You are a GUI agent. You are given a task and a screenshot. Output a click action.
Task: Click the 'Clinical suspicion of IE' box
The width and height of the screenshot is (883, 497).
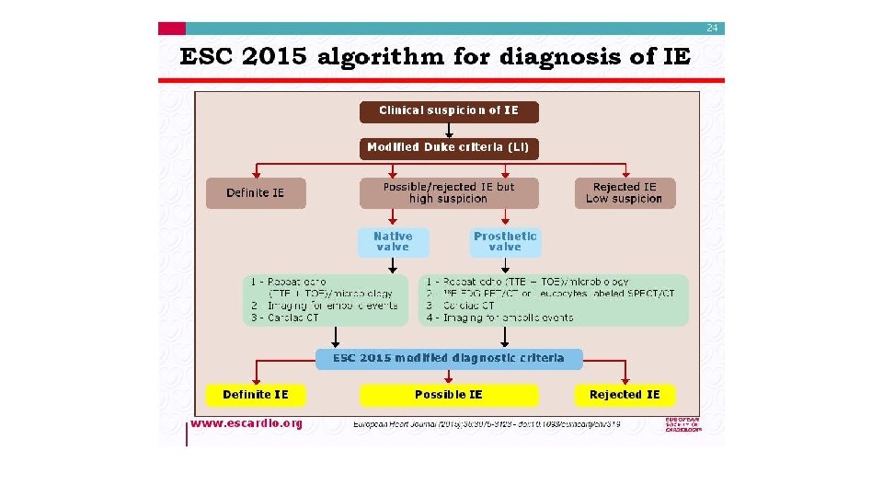(448, 110)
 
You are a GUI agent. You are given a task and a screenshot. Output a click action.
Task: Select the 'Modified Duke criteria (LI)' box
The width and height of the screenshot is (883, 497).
(448, 147)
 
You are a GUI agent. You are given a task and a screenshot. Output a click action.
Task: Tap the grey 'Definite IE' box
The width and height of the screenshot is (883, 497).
(255, 193)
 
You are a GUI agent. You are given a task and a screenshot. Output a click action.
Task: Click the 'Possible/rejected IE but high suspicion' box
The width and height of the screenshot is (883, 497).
(448, 192)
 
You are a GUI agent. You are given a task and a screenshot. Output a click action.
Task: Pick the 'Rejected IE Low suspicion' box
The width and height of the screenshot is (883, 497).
(625, 192)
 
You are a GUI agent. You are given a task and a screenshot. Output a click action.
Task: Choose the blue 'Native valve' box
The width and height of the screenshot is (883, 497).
(393, 241)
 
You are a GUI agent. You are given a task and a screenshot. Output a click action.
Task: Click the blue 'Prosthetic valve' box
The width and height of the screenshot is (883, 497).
(505, 241)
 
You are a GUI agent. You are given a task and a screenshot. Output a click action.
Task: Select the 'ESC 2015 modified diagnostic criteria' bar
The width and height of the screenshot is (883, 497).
(448, 358)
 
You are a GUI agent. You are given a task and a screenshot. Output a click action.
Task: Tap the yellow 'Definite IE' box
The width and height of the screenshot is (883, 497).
(255, 395)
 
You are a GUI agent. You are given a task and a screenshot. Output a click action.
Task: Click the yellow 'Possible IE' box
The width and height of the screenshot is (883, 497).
(448, 395)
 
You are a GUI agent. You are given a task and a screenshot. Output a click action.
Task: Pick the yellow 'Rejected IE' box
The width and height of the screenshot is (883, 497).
(625, 395)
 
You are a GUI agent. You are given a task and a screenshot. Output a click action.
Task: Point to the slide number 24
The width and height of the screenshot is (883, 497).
(712, 29)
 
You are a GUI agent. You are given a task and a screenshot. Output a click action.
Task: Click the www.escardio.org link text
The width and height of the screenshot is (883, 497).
(246, 423)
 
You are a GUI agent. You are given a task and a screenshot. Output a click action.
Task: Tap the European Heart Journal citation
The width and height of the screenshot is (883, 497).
(487, 424)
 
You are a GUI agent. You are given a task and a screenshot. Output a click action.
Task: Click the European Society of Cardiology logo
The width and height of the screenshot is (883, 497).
(682, 424)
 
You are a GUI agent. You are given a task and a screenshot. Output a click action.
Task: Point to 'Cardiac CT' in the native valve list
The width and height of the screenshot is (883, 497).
(289, 318)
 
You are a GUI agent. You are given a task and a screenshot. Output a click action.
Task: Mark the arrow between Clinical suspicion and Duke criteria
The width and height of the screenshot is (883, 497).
(448, 129)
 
